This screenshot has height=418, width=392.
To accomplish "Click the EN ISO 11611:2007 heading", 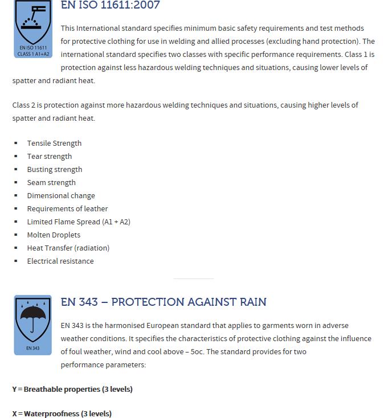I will pos(110,6).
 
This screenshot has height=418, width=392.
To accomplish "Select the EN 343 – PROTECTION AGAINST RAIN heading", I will pos(164,302).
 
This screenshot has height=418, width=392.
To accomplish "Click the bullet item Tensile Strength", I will pos(54,143).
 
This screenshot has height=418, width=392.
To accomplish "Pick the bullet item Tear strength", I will pos(50,156).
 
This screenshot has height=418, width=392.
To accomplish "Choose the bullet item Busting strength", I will pos(55,169).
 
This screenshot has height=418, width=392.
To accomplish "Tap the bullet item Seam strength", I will pos(51,182).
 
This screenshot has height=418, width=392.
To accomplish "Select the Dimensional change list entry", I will pos(61,195).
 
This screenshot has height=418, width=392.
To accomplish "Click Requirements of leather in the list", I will pos(67,208).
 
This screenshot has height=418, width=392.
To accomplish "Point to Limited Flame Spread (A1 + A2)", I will pos(79,222).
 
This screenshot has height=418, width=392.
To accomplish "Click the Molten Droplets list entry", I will pos(54,235).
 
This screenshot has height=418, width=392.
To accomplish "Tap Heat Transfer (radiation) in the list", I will pos(68,248).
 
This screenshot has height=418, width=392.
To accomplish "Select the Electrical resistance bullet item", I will pos(60,261).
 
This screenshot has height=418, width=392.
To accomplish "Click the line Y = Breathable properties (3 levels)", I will pos(72,390).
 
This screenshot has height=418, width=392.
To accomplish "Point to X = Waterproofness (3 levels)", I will pos(62,413).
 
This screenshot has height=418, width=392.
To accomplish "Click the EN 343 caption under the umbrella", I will pos(33,348).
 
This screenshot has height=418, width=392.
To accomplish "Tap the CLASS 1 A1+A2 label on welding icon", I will pos(33,54).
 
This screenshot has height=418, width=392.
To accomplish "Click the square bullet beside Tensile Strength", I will pos(16,144).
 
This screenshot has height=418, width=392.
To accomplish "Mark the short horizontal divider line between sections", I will pos(194,279).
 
